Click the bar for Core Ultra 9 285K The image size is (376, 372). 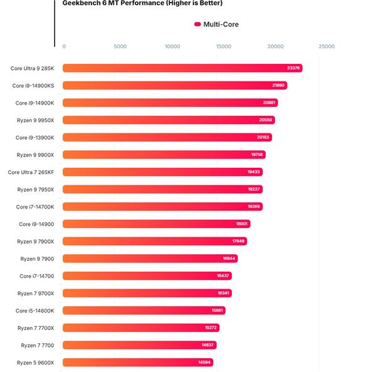(x=182, y=68)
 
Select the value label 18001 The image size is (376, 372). (x=242, y=224)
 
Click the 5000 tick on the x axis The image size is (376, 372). (x=120, y=46)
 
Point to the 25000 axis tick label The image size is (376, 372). (x=326, y=46)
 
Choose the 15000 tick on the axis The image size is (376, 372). (x=224, y=46)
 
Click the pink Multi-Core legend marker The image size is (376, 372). (x=197, y=24)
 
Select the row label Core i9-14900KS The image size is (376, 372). (x=33, y=85)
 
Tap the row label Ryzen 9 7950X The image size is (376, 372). (x=36, y=189)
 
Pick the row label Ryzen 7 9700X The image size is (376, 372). (x=36, y=293)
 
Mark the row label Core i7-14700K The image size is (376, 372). (x=35, y=207)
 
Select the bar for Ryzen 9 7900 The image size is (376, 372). (x=150, y=258)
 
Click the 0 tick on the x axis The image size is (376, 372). (x=64, y=46)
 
